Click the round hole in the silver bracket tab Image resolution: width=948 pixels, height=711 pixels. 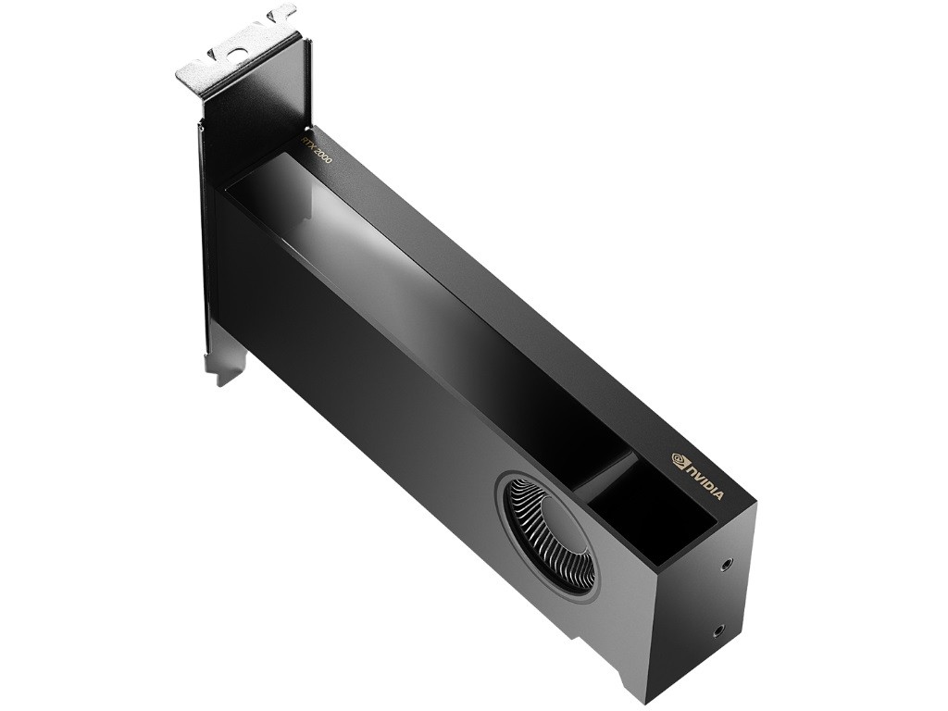(x=240, y=54)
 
